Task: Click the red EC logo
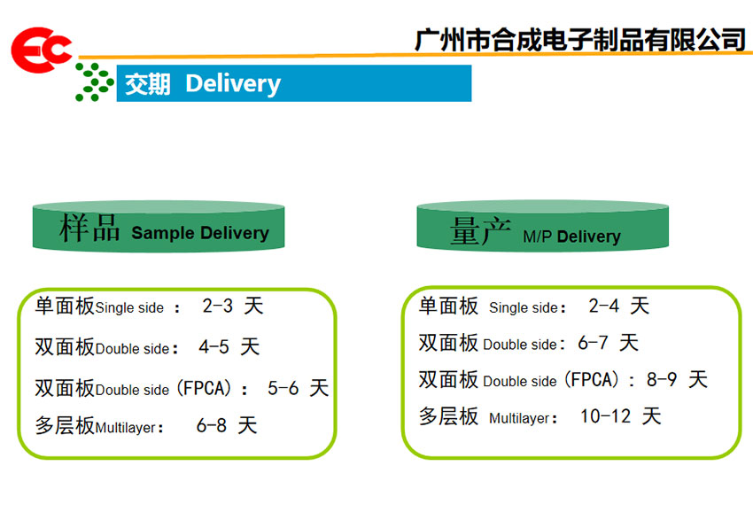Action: (x=42, y=50)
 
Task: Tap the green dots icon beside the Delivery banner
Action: (x=95, y=82)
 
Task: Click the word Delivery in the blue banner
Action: (x=233, y=84)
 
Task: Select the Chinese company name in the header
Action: (x=579, y=39)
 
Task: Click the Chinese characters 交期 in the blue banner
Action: (x=147, y=84)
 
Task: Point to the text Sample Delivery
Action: (x=200, y=233)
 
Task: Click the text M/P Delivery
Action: (x=571, y=237)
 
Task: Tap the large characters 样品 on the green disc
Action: (x=89, y=228)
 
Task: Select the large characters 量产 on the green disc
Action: (x=480, y=230)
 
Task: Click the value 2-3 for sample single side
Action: (x=218, y=306)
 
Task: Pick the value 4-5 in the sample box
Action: (x=213, y=346)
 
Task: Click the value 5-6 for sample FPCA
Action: (x=283, y=388)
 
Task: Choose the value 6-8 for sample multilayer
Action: (x=212, y=425)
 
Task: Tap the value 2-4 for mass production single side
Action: (x=604, y=306)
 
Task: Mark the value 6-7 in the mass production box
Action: (x=593, y=343)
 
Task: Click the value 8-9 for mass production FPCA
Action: (x=662, y=379)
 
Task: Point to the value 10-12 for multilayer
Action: (x=606, y=416)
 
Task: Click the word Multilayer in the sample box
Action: (x=126, y=428)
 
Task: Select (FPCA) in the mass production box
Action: (x=591, y=380)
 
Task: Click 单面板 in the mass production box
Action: (x=448, y=306)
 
